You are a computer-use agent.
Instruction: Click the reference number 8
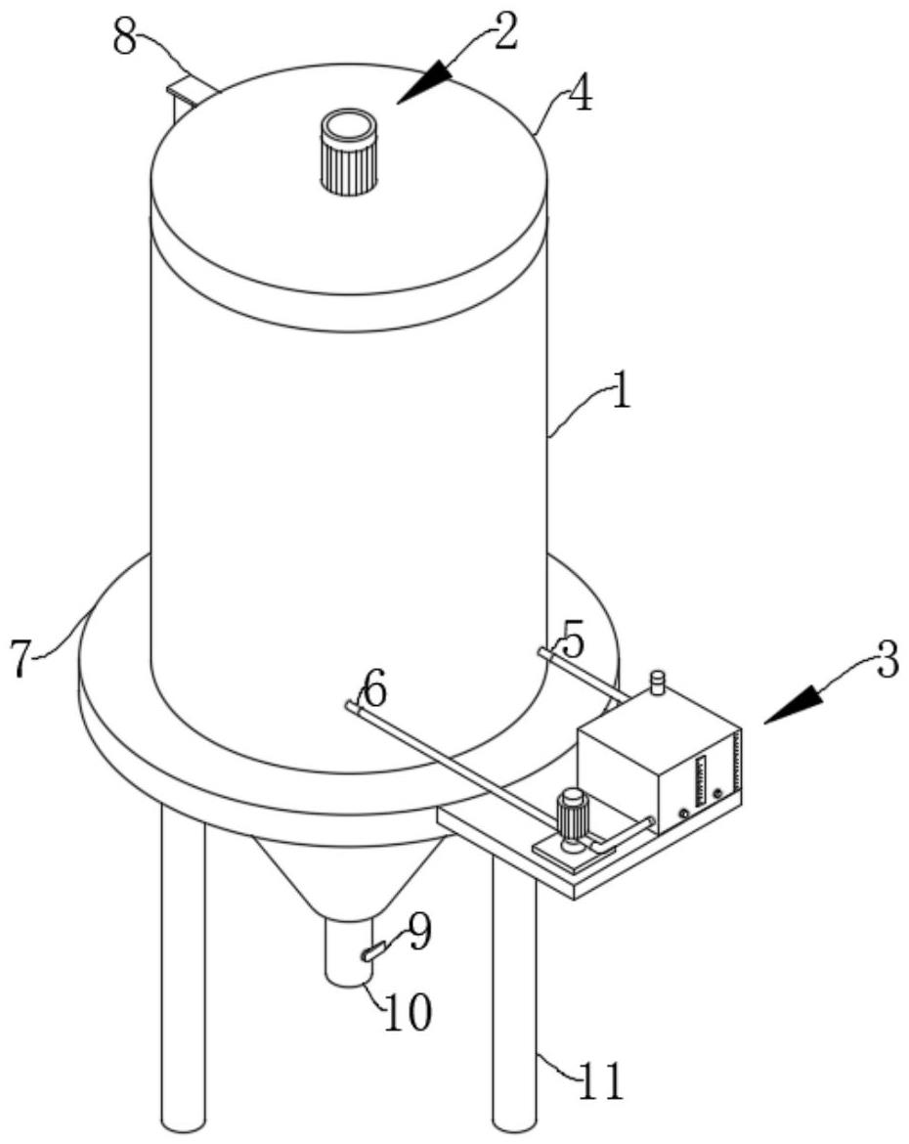tap(125, 36)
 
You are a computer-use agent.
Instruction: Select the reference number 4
tap(582, 95)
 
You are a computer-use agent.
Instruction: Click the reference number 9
tap(418, 933)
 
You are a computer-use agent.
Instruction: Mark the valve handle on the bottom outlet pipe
tap(373, 951)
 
